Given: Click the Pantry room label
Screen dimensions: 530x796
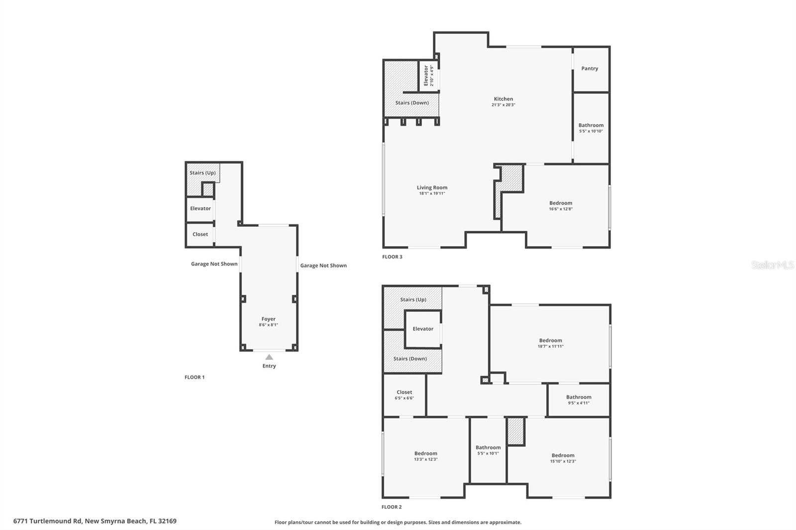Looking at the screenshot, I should (x=590, y=69).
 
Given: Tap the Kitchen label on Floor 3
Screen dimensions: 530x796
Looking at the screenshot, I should (x=503, y=99).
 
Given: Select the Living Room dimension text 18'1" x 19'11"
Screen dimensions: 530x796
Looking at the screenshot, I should (x=432, y=193).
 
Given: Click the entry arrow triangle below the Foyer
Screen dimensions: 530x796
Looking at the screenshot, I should (x=269, y=357).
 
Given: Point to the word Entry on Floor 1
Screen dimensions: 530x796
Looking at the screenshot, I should (x=269, y=366).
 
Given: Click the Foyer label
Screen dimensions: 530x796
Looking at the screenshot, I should (x=268, y=319).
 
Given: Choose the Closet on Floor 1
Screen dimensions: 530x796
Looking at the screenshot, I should (x=200, y=234).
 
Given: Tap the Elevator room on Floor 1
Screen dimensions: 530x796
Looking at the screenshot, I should (x=200, y=208).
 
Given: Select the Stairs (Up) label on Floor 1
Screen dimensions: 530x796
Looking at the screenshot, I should (x=202, y=173).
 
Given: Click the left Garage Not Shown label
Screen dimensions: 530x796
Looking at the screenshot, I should (x=214, y=264).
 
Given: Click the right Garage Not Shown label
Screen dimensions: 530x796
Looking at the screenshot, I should (x=323, y=265).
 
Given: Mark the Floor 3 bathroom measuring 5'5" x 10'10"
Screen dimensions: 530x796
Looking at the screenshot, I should (x=591, y=128).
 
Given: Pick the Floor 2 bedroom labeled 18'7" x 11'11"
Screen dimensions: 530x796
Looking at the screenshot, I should (x=550, y=343).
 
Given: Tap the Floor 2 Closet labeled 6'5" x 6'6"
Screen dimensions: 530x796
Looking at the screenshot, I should (x=404, y=395).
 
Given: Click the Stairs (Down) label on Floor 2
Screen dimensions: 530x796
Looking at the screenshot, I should (x=410, y=358).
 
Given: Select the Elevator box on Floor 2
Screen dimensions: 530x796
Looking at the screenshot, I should (x=423, y=329).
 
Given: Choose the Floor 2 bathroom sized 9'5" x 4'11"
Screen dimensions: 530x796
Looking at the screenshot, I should (x=579, y=400).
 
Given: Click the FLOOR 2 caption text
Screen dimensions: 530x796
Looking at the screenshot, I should (x=392, y=507).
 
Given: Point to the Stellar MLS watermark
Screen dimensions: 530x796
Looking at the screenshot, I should (x=772, y=265).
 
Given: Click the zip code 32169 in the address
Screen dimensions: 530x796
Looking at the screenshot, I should (x=167, y=521).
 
